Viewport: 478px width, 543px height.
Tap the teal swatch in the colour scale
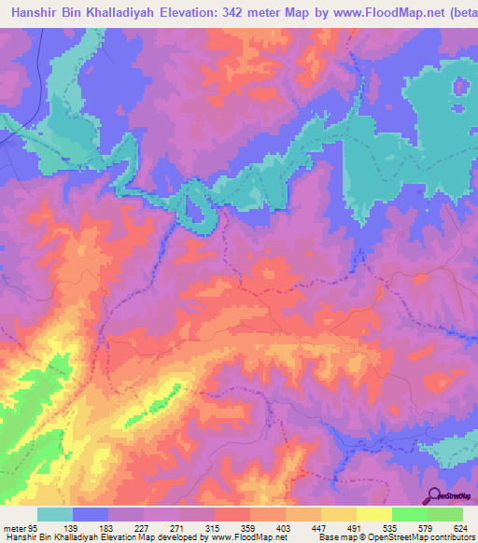(x=54, y=514)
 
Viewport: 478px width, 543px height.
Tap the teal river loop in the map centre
(x=198, y=208)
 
